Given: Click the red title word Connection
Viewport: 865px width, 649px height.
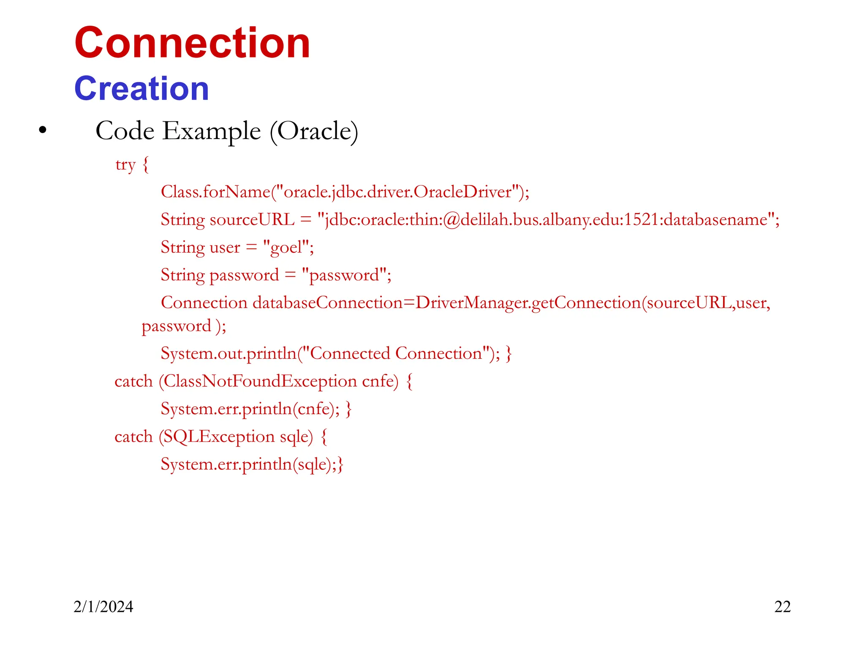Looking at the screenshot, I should [x=192, y=43].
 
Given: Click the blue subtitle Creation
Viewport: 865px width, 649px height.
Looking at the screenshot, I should [x=141, y=89].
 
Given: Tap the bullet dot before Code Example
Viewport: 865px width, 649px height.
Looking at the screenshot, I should [x=42, y=131].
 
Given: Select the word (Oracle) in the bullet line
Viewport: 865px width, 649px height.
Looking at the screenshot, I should [x=314, y=131].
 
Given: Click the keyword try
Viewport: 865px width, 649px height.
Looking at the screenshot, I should [x=125, y=164].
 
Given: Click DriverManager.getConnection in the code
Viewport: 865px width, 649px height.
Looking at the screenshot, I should [x=528, y=303].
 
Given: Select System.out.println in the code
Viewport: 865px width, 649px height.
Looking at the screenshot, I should [x=228, y=354].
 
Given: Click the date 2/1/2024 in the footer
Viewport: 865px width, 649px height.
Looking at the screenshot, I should [x=103, y=607].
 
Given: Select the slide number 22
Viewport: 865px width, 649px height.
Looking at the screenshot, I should [x=782, y=607].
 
